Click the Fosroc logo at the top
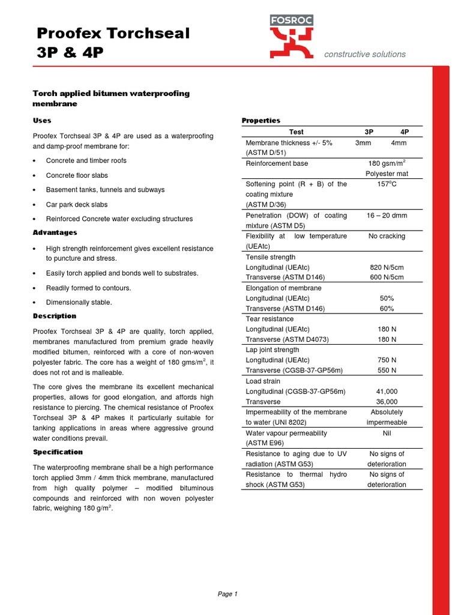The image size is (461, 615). pyautogui.click(x=292, y=37)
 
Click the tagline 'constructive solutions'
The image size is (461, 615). pyautogui.click(x=364, y=54)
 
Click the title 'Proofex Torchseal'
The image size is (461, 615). pyautogui.click(x=113, y=34)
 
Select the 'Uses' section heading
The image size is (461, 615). pyautogui.click(x=41, y=121)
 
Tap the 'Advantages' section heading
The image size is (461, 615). pyautogui.click(x=55, y=232)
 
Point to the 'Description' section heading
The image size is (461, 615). pyautogui.click(x=54, y=316)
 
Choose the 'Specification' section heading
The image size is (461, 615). pyautogui.click(x=58, y=452)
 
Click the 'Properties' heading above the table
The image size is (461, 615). pyautogui.click(x=261, y=121)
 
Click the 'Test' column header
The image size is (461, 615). pyautogui.click(x=296, y=132)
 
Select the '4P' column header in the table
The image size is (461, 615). pyautogui.click(x=405, y=132)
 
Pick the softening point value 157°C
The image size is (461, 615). pyautogui.click(x=387, y=184)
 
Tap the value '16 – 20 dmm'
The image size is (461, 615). pyautogui.click(x=387, y=216)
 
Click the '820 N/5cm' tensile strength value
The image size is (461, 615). pyautogui.click(x=387, y=267)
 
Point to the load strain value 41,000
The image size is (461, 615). pyautogui.click(x=387, y=392)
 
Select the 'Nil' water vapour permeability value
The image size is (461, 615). pyautogui.click(x=387, y=433)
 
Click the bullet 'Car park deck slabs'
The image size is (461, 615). pyautogui.click(x=77, y=204)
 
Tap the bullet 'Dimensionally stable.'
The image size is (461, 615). pyautogui.click(x=79, y=303)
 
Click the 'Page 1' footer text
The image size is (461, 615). pyautogui.click(x=227, y=594)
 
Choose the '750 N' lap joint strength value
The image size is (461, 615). pyautogui.click(x=387, y=360)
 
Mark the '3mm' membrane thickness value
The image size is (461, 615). pyautogui.click(x=363, y=143)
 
